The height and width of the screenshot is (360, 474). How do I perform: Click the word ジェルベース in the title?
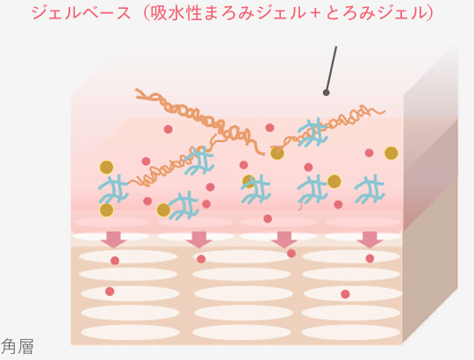(x=82, y=13)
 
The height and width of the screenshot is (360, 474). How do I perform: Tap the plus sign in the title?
(x=315, y=13)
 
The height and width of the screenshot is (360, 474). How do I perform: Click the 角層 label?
(x=17, y=347)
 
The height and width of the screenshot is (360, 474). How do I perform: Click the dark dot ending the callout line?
(x=326, y=93)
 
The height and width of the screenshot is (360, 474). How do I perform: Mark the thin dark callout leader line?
(x=331, y=68)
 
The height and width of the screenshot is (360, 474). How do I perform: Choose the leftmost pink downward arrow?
(x=113, y=240)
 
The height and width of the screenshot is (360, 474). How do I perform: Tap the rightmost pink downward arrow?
(x=370, y=240)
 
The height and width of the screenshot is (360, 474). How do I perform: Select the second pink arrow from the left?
(x=198, y=240)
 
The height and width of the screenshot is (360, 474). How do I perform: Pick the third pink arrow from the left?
(x=284, y=240)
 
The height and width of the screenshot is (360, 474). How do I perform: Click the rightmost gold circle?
(x=391, y=153)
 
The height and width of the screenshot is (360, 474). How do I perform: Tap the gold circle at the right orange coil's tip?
(x=277, y=153)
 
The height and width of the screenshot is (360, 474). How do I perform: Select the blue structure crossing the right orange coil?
(x=312, y=133)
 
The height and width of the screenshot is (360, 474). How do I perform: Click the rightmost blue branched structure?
(x=370, y=189)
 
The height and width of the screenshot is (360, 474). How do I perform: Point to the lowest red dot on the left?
(x=110, y=292)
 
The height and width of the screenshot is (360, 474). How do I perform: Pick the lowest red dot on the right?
(x=345, y=294)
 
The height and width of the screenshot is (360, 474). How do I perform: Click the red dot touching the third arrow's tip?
(x=291, y=253)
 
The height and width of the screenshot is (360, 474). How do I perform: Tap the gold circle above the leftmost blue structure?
(x=107, y=167)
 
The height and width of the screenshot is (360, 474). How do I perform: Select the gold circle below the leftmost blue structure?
(x=107, y=210)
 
